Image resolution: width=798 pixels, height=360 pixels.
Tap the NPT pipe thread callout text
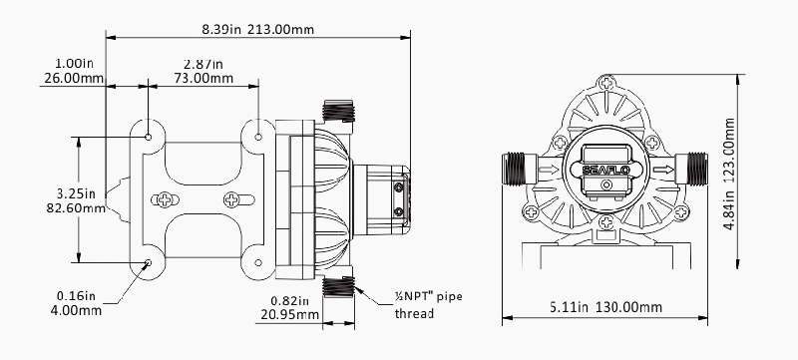[x=429, y=304]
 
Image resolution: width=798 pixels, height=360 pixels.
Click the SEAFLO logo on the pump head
[x=605, y=170]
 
